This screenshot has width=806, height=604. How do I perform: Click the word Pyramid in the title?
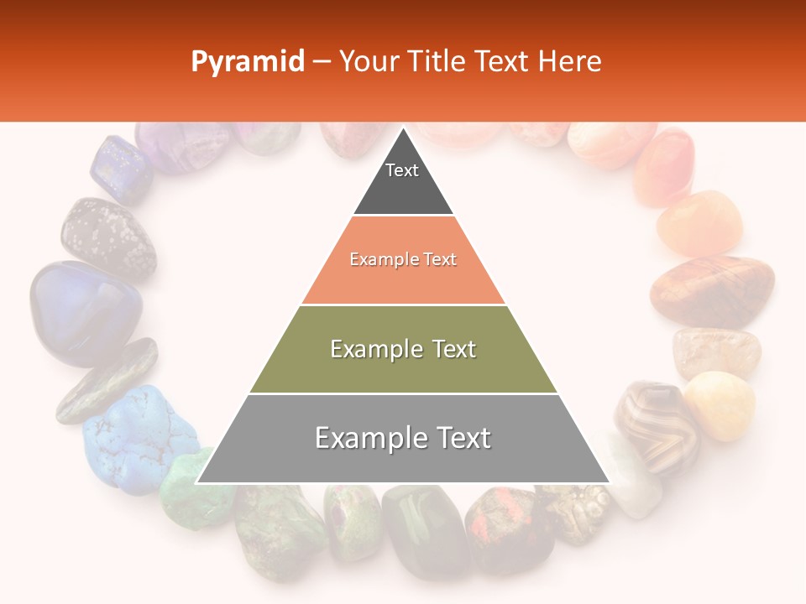click(248, 62)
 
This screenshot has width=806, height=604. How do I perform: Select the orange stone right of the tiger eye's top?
click(699, 223)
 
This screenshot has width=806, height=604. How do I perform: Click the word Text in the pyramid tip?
click(402, 170)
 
